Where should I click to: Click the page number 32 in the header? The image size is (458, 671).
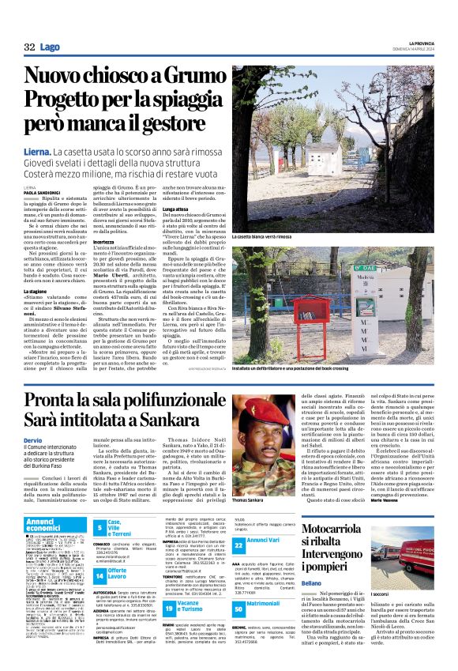[x=29, y=47]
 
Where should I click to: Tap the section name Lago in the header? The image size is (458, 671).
[x=49, y=47]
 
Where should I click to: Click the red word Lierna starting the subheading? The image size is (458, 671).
[x=39, y=150]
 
